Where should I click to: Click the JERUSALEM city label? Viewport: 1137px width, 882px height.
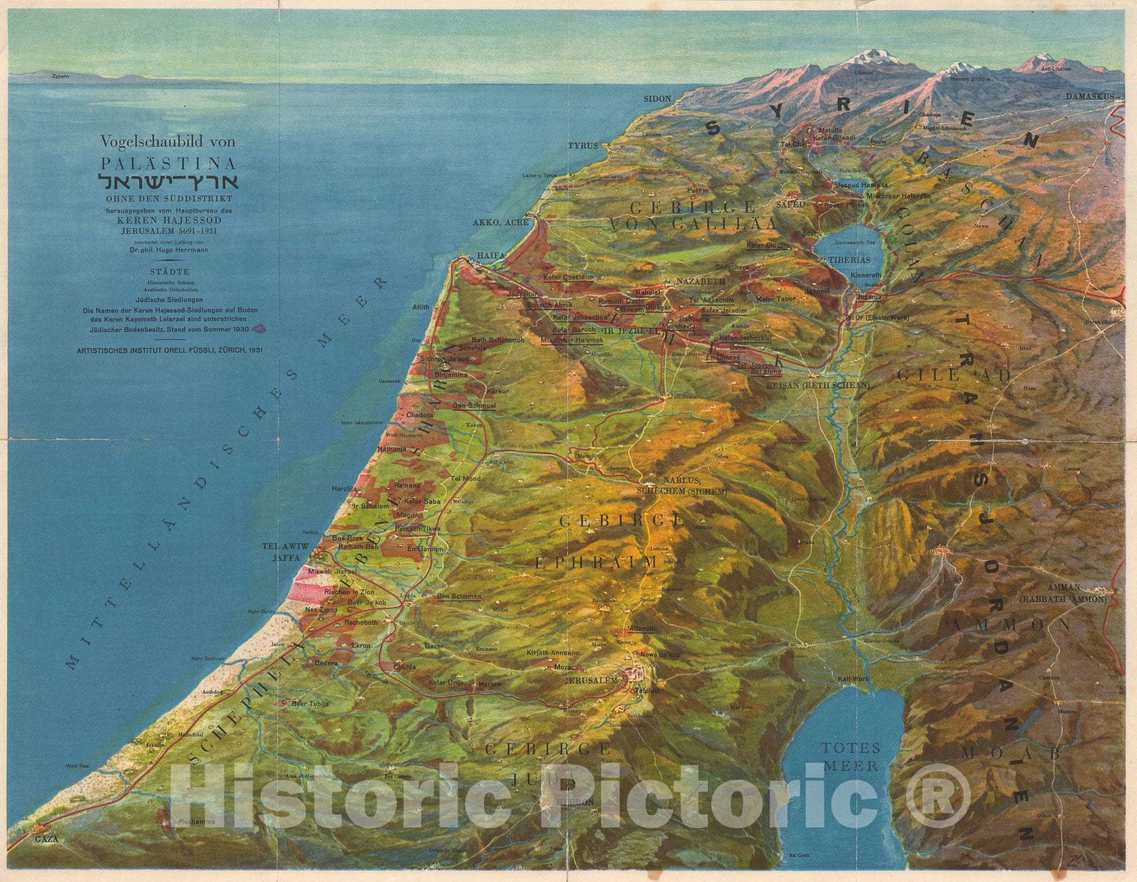point(591,680)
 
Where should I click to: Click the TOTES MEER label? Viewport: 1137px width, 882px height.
point(851,756)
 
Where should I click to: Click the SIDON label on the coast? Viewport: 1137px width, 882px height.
point(657,98)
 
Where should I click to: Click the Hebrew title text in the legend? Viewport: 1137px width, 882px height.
point(168,180)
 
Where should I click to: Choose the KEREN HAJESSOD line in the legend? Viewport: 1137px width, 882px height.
point(168,220)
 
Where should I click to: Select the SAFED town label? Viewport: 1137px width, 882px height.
point(791,204)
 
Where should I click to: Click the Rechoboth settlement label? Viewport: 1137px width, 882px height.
point(361,623)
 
